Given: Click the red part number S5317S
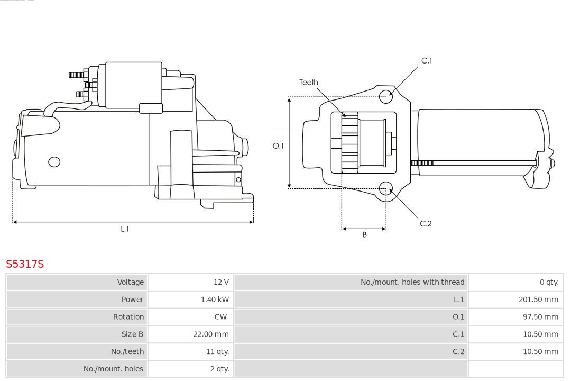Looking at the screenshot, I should [x=25, y=264].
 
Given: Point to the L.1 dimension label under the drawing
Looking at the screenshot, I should [x=125, y=229].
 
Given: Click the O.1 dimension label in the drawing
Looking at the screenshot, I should [x=278, y=146].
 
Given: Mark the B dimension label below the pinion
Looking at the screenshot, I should [x=364, y=235].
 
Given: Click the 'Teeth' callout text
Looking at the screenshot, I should [x=309, y=83].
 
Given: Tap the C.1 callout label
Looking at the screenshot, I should [x=426, y=61].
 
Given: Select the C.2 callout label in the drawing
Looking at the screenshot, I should [x=426, y=224].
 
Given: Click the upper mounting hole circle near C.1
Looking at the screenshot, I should [x=386, y=95].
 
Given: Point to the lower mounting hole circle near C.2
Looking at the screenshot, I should [x=386, y=188].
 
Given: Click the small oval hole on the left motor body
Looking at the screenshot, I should [x=54, y=162].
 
